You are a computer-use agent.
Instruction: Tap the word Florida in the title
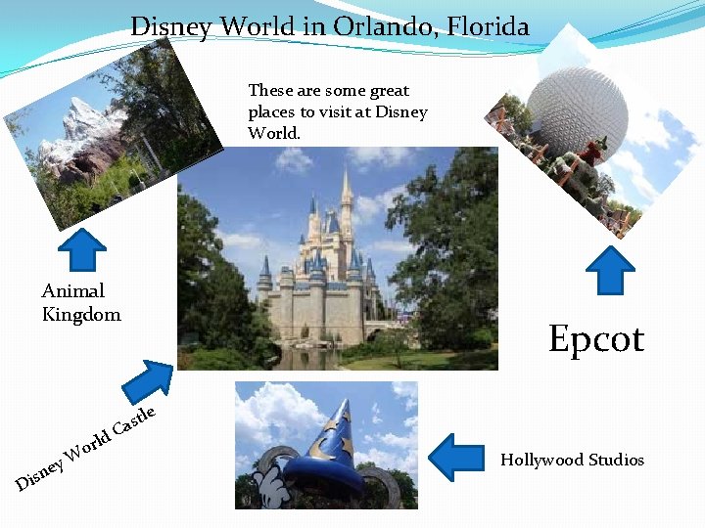click(x=485, y=26)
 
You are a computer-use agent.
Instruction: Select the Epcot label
click(x=596, y=338)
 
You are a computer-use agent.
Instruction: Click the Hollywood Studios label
click(x=573, y=460)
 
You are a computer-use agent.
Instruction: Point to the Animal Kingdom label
click(x=81, y=302)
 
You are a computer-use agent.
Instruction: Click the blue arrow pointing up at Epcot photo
click(x=615, y=270)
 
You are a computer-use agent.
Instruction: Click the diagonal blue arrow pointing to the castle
click(x=147, y=381)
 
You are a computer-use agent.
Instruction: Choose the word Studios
click(x=615, y=460)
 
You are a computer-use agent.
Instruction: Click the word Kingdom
click(x=81, y=315)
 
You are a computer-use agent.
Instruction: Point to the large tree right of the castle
click(x=446, y=235)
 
